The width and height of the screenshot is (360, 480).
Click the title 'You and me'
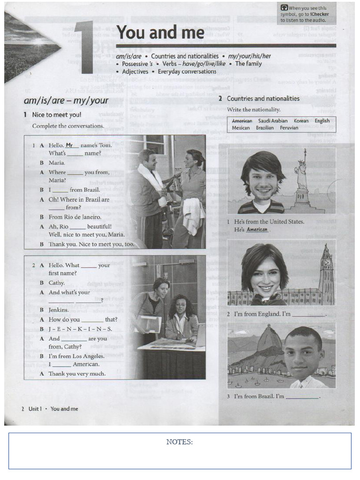(160, 33)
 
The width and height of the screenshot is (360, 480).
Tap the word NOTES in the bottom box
(180, 442)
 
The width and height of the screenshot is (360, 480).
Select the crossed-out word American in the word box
(242, 121)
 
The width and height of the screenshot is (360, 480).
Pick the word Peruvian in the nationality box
(289, 127)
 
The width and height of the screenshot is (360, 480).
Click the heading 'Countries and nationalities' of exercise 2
(263, 98)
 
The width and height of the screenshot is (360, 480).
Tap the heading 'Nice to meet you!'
(57, 115)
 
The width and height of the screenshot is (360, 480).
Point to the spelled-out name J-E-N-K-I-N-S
(80, 329)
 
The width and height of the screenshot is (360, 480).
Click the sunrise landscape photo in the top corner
(31, 47)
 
